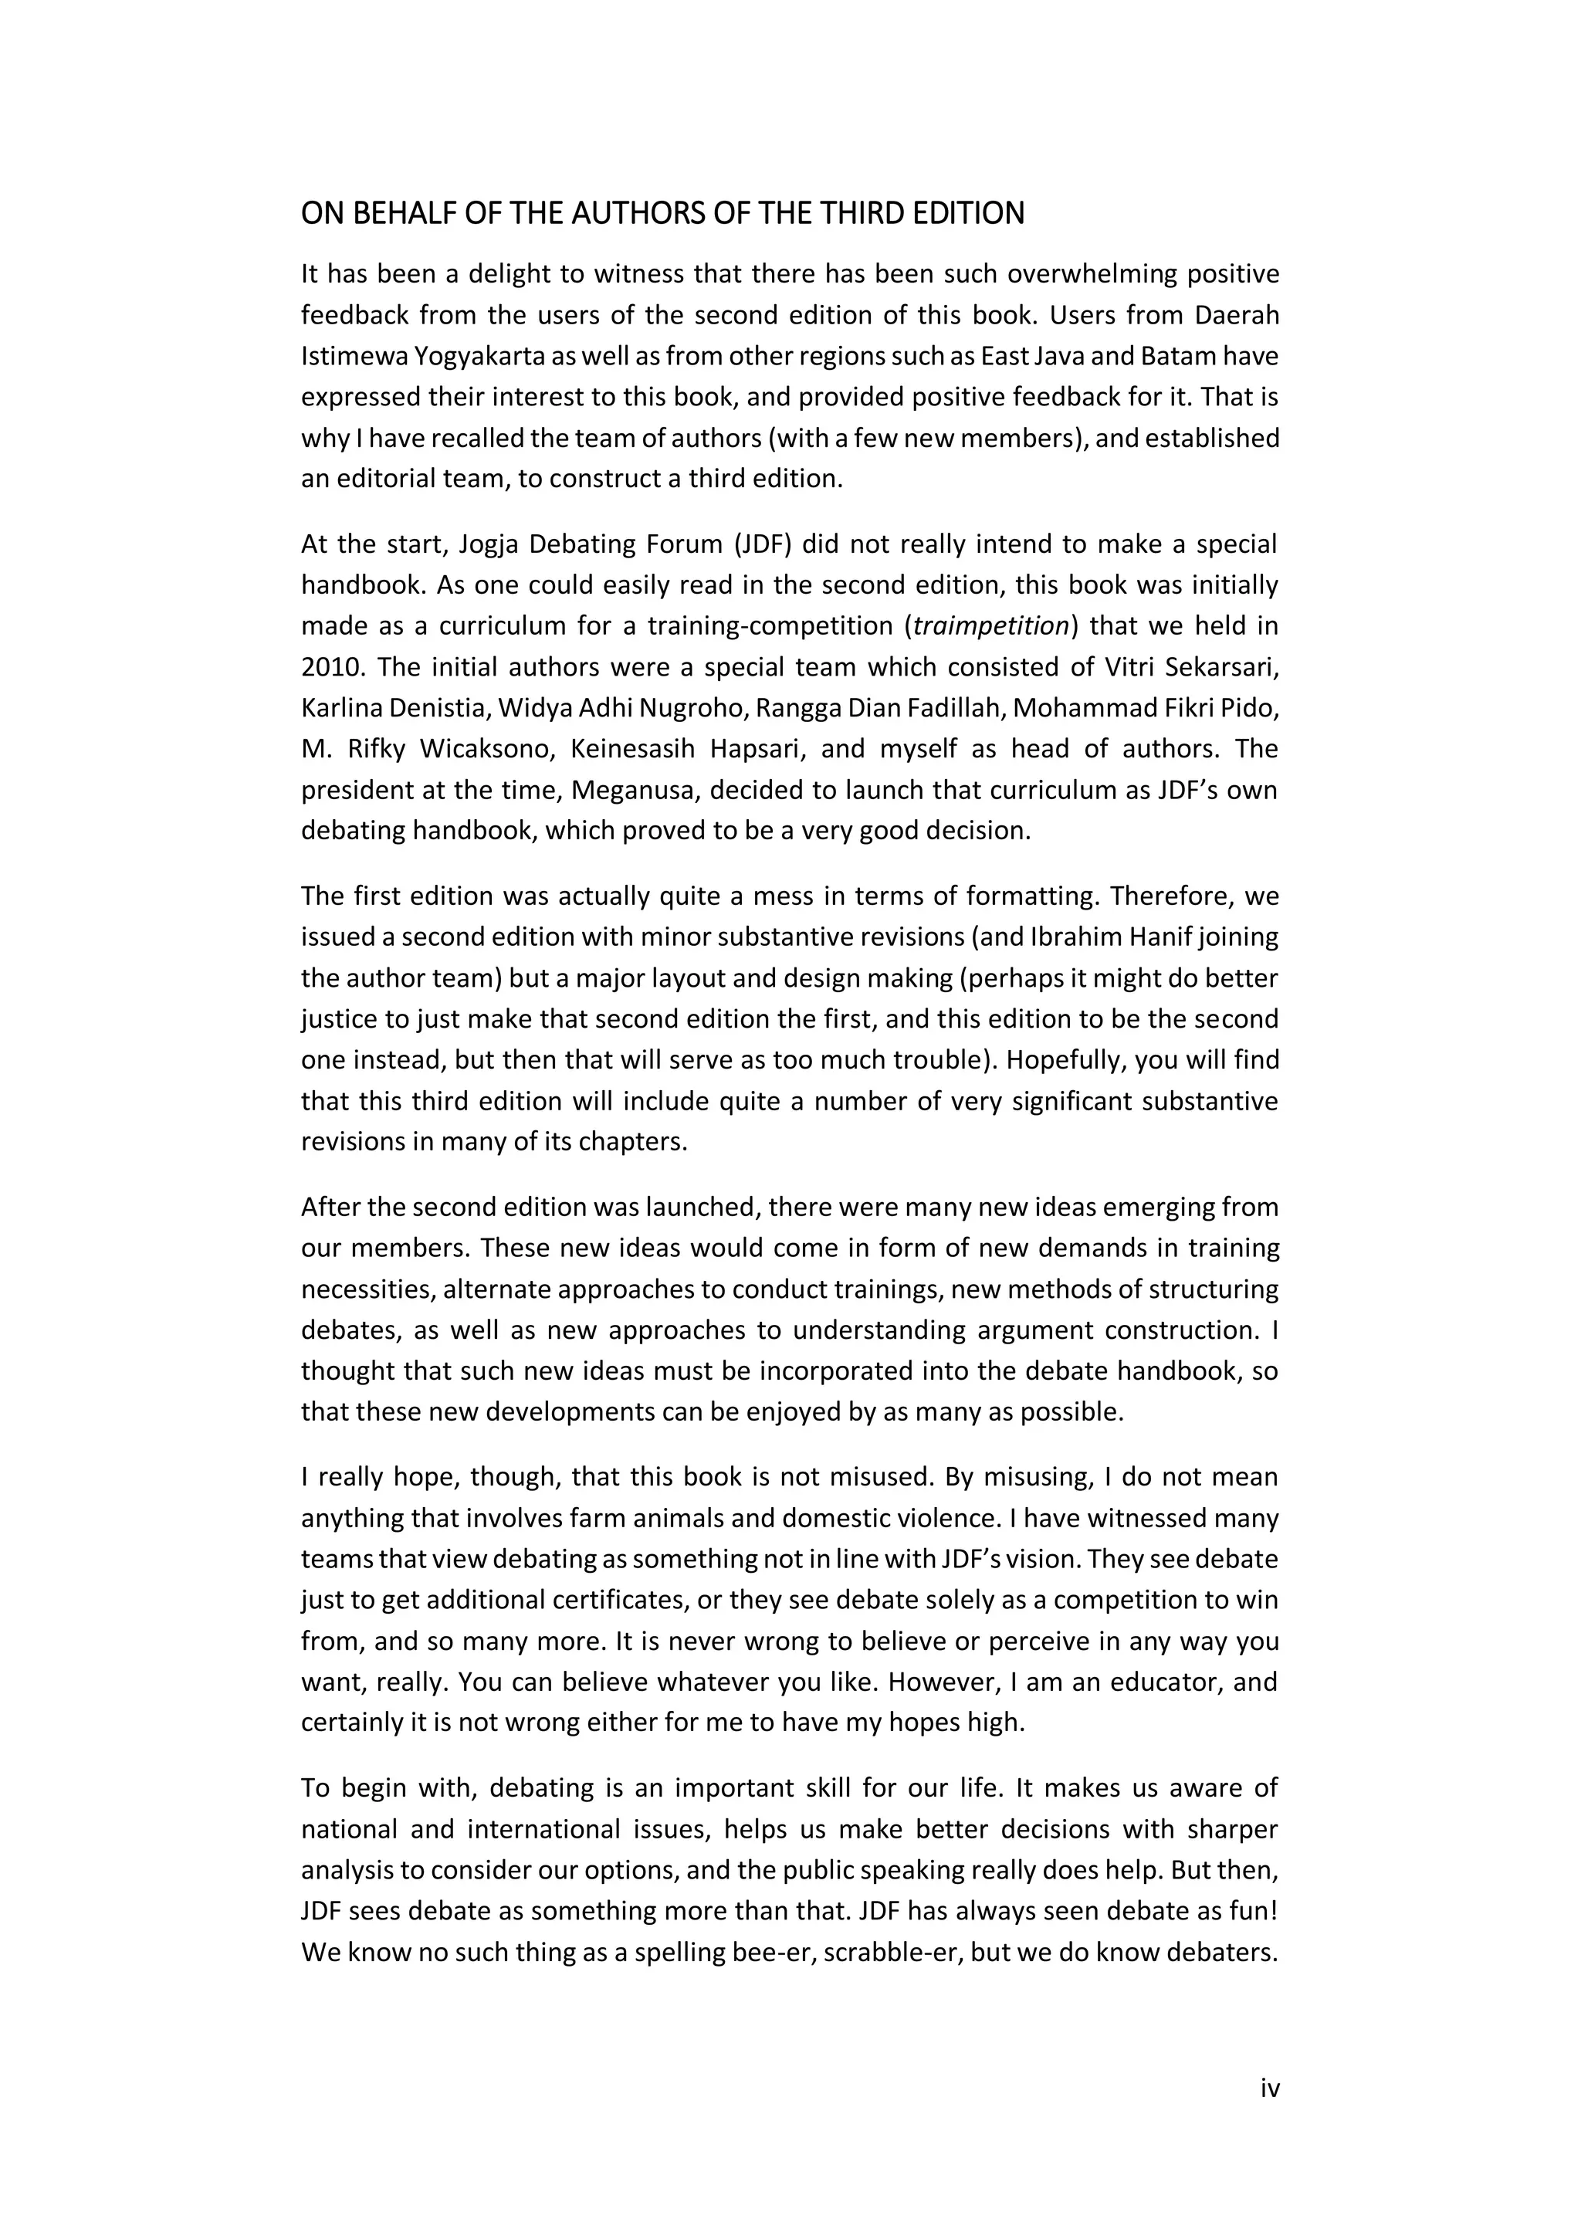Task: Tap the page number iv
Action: (x=1269, y=2088)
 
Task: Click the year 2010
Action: (x=331, y=667)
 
